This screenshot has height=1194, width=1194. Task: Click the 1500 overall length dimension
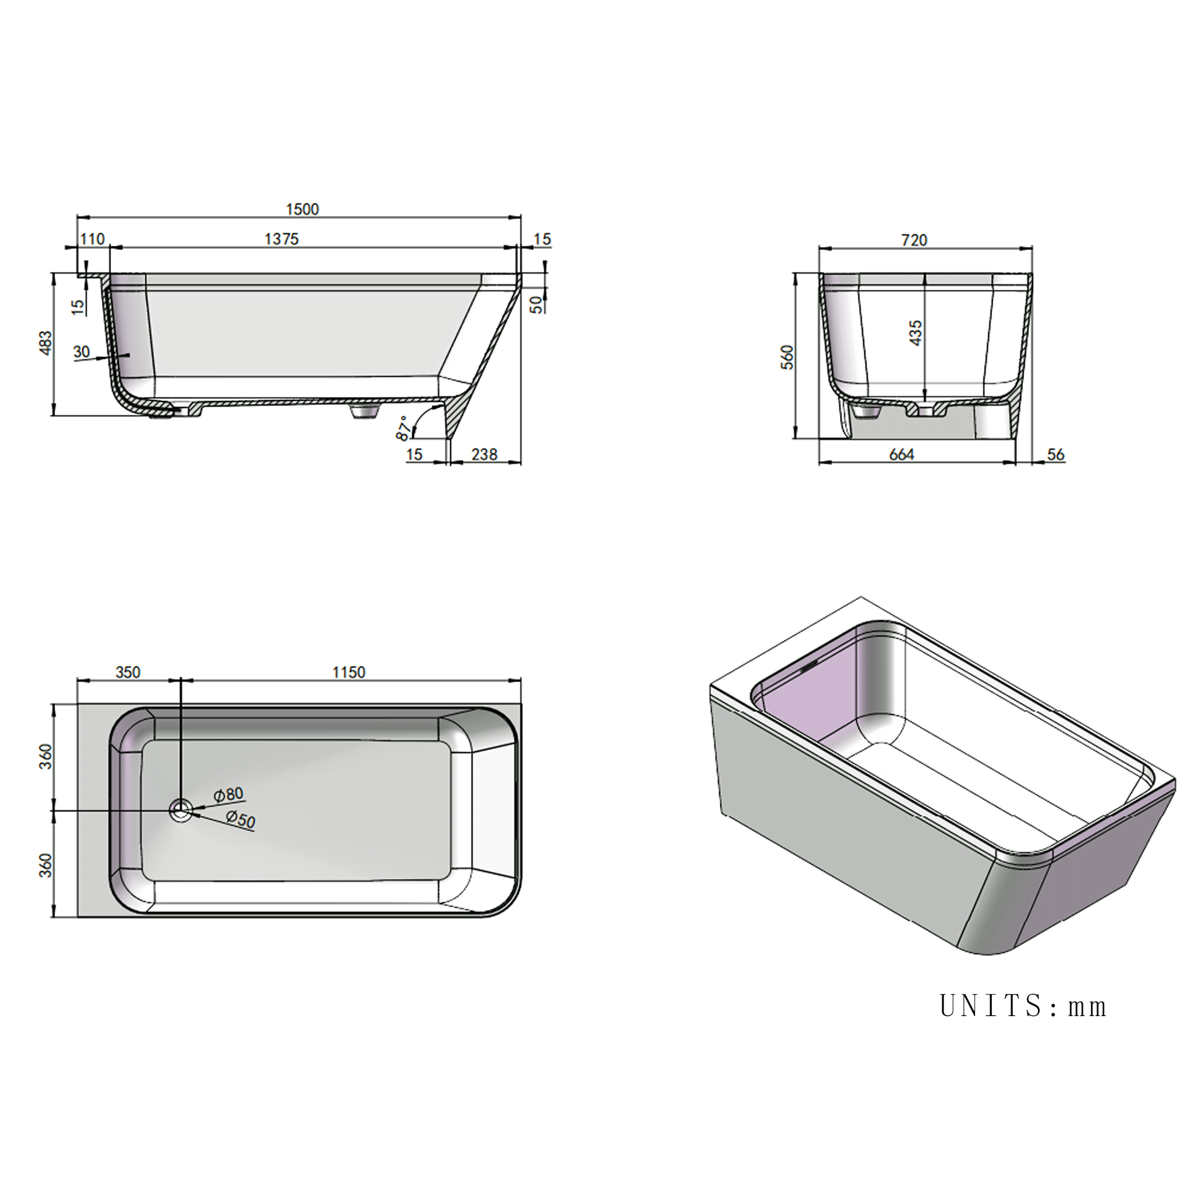[x=302, y=209]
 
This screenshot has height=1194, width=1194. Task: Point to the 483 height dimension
[x=46, y=343]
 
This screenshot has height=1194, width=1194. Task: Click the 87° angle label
[x=403, y=428]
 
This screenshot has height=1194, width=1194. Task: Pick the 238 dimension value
[x=484, y=455]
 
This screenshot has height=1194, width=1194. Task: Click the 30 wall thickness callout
[x=82, y=352]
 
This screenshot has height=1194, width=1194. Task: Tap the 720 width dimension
[x=914, y=240]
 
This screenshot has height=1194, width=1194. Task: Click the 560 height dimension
[x=787, y=357]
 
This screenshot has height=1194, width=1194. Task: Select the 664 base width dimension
[x=902, y=455]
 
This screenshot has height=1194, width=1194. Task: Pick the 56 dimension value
[x=1055, y=455]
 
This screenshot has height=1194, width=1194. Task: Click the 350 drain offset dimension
[x=128, y=672]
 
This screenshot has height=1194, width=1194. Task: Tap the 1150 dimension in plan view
[x=349, y=672]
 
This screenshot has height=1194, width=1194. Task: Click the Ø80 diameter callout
[x=229, y=795]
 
